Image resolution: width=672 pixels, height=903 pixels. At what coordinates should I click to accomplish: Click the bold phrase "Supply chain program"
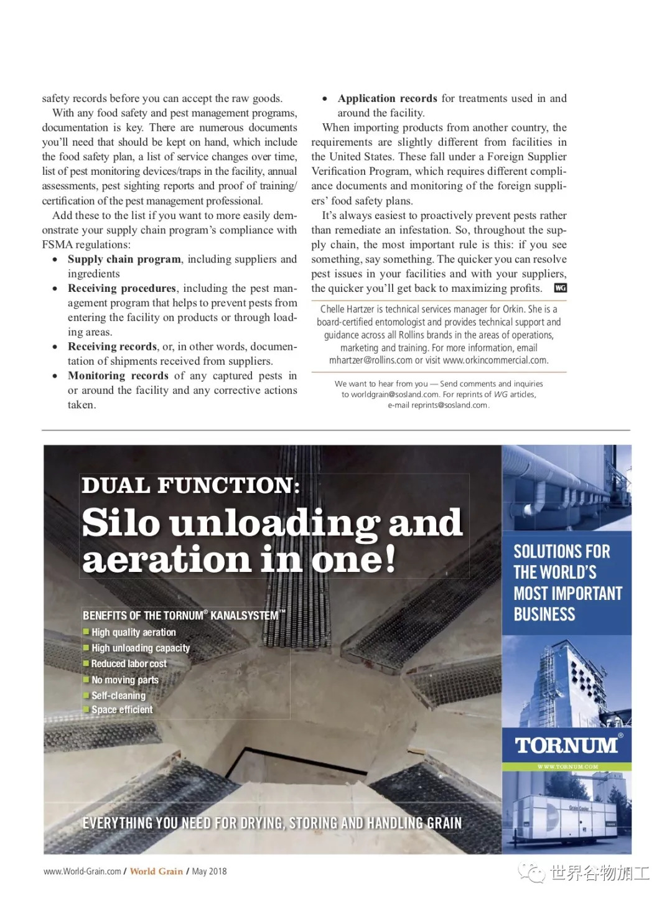(x=124, y=259)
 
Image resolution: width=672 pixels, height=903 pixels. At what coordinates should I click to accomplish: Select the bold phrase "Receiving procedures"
(x=122, y=288)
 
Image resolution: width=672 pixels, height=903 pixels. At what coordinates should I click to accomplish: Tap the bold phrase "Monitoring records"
(x=118, y=376)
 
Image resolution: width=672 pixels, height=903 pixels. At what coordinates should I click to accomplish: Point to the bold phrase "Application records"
(x=387, y=98)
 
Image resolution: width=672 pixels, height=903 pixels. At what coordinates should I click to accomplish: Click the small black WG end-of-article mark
(x=560, y=288)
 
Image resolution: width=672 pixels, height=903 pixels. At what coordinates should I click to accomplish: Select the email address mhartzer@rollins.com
(x=371, y=360)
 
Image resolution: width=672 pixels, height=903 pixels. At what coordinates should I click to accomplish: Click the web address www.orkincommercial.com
(x=495, y=360)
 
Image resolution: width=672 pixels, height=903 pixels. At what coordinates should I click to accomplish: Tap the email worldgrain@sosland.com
(x=395, y=395)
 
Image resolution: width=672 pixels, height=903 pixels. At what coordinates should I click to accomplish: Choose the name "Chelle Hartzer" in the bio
(x=348, y=309)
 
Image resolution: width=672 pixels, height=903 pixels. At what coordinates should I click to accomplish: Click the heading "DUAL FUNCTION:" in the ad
(x=190, y=485)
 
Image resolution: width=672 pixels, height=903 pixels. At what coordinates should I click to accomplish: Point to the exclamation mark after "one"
(x=389, y=558)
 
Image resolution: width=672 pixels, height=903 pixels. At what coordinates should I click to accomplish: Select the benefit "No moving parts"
(x=125, y=680)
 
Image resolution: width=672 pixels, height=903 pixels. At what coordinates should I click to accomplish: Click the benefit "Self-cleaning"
(x=118, y=696)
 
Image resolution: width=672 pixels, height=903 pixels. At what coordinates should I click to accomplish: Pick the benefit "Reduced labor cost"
(x=129, y=664)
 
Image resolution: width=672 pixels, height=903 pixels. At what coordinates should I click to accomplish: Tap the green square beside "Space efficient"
(x=86, y=709)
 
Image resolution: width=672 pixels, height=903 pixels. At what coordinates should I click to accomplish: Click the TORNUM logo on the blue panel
(x=566, y=745)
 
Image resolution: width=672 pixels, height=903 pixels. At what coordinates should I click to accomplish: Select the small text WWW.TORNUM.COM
(x=567, y=767)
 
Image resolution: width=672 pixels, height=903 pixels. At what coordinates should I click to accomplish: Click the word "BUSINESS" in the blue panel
(x=544, y=615)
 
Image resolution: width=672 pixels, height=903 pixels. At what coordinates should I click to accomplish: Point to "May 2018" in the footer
(x=210, y=871)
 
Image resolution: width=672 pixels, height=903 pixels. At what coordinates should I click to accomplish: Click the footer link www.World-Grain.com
(x=82, y=871)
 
